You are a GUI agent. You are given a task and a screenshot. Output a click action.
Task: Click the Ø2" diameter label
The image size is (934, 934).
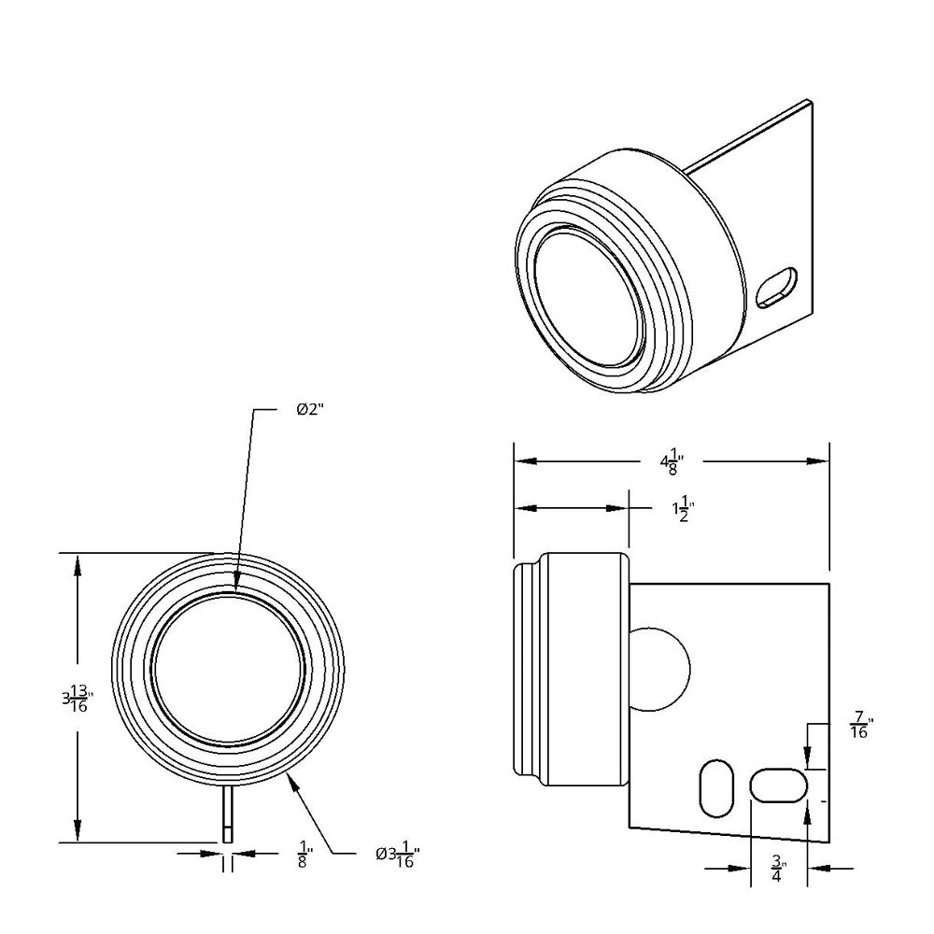pyautogui.click(x=309, y=410)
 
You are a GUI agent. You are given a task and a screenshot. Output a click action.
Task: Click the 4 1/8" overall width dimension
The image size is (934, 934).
pyautogui.click(x=672, y=460)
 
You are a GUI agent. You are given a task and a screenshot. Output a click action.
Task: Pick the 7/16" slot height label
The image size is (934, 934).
pyautogui.click(x=860, y=725)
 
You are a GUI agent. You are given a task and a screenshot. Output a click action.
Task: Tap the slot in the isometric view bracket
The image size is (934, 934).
pyautogui.click(x=777, y=287)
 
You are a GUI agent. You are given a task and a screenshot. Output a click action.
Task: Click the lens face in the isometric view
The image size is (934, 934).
pyautogui.click(x=587, y=294)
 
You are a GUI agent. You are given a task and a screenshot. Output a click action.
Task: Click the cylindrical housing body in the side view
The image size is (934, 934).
pyautogui.click(x=584, y=669)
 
